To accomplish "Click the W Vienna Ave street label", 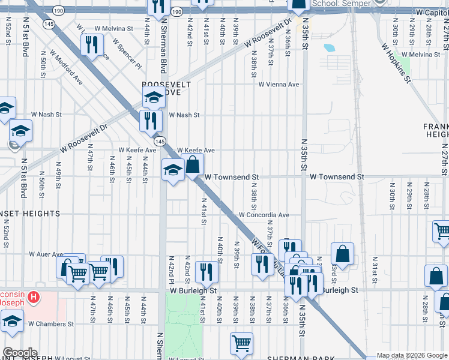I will (279, 85).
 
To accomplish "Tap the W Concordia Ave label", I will (264, 215).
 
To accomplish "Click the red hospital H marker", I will (34, 296).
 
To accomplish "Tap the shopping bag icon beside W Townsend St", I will (193, 165).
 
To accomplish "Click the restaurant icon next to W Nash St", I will (151, 121).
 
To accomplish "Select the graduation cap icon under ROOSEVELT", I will (154, 97).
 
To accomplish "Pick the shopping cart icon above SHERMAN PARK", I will (241, 343).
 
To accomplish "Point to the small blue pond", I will (329, 47).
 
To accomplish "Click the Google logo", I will (19, 353).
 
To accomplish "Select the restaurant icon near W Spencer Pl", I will (91, 45).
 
